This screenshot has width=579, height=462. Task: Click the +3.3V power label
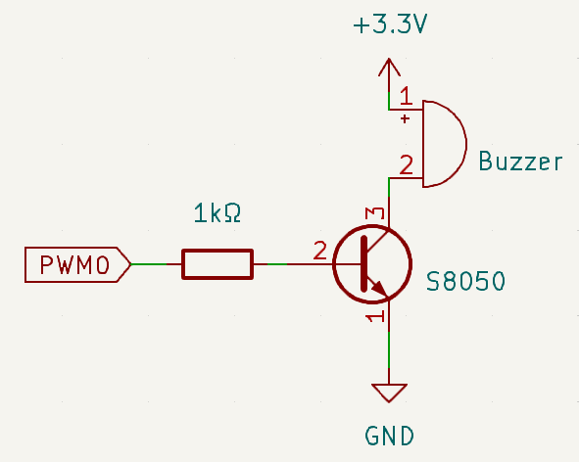390,25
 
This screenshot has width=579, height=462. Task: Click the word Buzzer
520,162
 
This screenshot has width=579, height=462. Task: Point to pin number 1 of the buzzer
407,95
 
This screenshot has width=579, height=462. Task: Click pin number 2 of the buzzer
407,164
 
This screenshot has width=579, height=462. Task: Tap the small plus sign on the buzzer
405,118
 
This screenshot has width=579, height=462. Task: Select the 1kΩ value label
217,213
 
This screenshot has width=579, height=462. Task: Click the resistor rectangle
217,264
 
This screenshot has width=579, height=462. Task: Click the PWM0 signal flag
77,264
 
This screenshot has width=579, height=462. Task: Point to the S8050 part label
465,281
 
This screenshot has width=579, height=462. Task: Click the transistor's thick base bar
364,263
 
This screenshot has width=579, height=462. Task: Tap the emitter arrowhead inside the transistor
380,289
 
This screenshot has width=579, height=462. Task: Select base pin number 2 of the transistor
319,251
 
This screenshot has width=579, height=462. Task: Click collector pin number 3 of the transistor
375,213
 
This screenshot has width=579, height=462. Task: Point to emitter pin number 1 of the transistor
375,316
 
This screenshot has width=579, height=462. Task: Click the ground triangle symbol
389,393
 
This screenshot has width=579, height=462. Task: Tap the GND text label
390,436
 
